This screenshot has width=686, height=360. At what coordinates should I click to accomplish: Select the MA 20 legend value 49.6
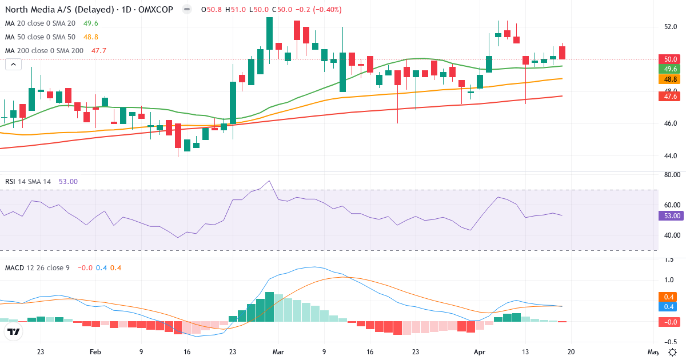point(91,23)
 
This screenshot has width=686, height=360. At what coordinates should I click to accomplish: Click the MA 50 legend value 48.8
point(91,37)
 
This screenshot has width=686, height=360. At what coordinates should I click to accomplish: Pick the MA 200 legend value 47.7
point(99,51)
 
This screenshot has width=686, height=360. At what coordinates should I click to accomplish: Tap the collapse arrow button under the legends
point(13,64)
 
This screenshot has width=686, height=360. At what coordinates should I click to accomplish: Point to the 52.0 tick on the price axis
point(671,27)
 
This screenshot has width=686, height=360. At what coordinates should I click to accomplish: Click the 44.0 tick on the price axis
point(671,155)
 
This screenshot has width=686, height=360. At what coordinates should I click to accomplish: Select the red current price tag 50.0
point(670,59)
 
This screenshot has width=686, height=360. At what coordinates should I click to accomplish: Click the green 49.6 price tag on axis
point(670,69)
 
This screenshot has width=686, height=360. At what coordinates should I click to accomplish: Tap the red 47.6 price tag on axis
point(670,97)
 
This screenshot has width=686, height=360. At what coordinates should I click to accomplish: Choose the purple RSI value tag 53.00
point(669,216)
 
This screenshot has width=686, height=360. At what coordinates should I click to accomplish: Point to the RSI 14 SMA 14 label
point(28,182)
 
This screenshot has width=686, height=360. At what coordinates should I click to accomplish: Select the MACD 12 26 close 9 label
point(37,267)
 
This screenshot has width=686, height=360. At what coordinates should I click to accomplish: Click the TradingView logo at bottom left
point(14,332)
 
